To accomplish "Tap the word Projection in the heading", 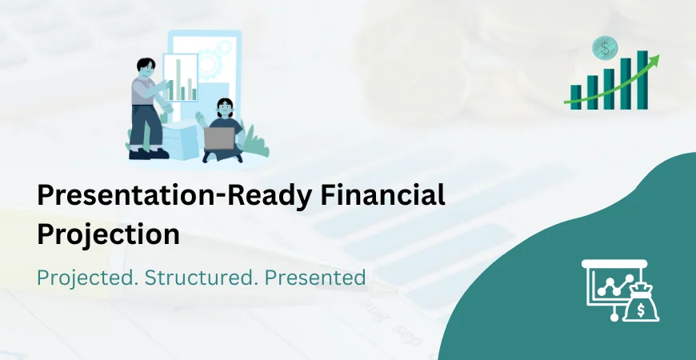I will (108, 234).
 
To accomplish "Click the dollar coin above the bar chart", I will (604, 48).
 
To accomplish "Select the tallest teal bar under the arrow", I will (642, 79).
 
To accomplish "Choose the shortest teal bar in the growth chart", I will (576, 97).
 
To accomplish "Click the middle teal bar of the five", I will (609, 88).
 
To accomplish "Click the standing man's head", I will (145, 69).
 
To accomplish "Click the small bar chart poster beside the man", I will (180, 78).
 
